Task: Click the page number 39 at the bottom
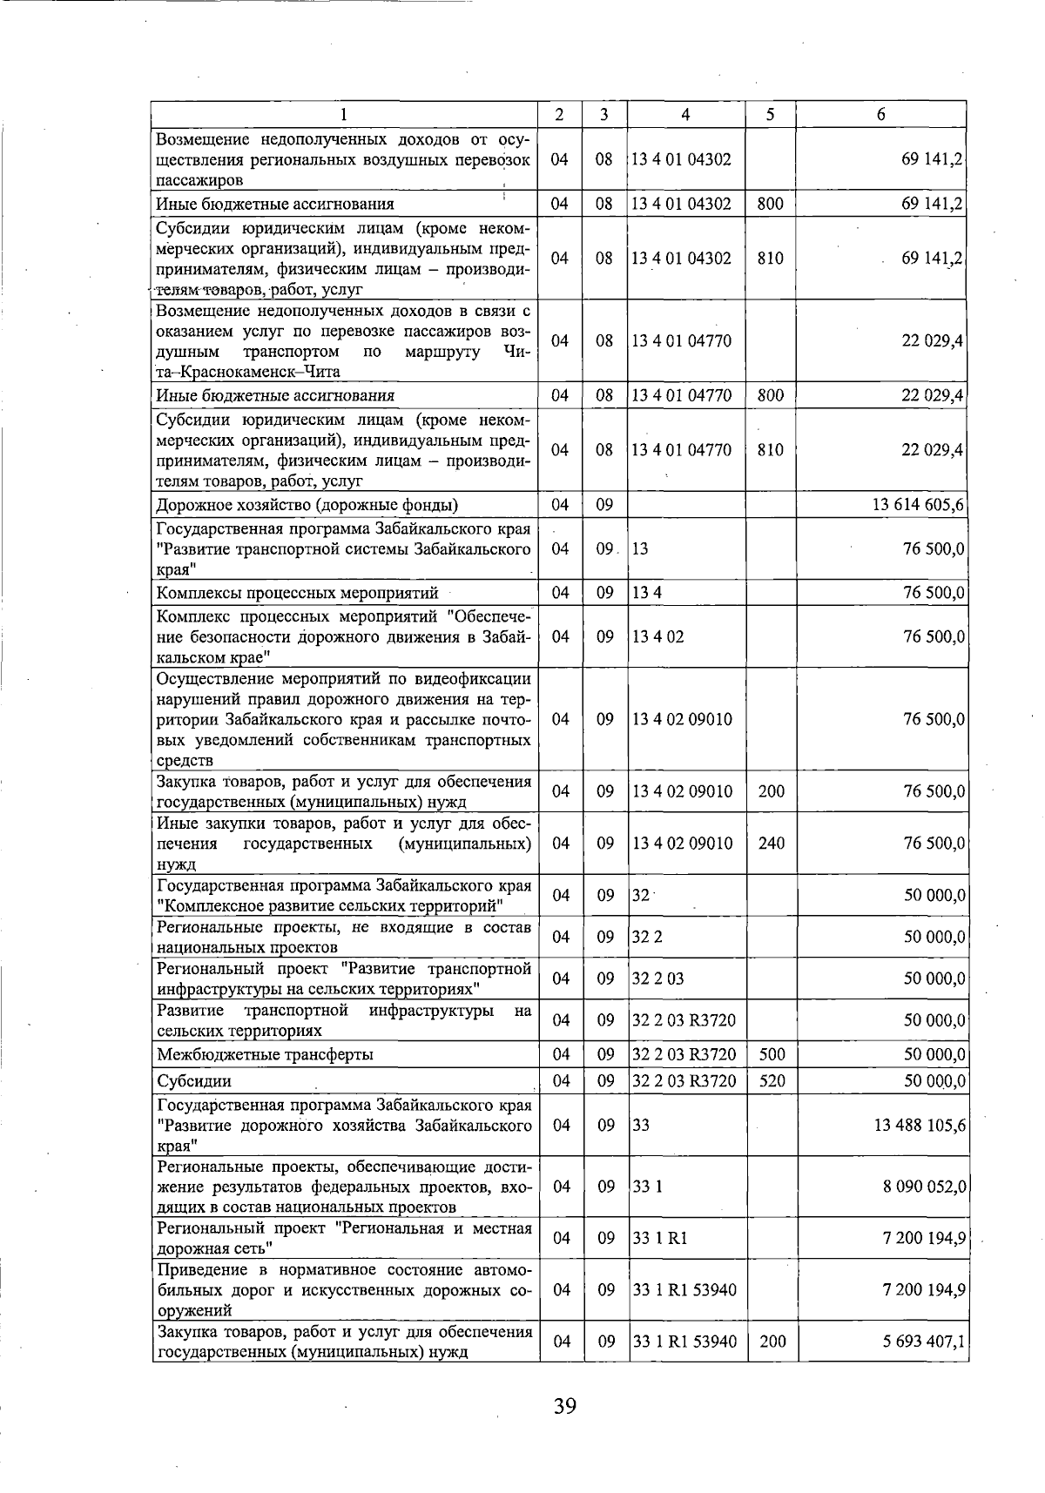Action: coord(564,1405)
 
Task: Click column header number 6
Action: coord(881,114)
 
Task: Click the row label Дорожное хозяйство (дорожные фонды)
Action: coord(307,505)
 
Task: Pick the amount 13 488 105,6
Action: coord(919,1125)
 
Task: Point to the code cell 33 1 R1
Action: coord(659,1238)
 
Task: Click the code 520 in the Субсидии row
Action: coord(772,1081)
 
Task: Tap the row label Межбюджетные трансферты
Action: coord(265,1054)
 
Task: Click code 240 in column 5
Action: coord(772,843)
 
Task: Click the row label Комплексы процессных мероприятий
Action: coord(297,594)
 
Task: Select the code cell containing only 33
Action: coord(641,1125)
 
